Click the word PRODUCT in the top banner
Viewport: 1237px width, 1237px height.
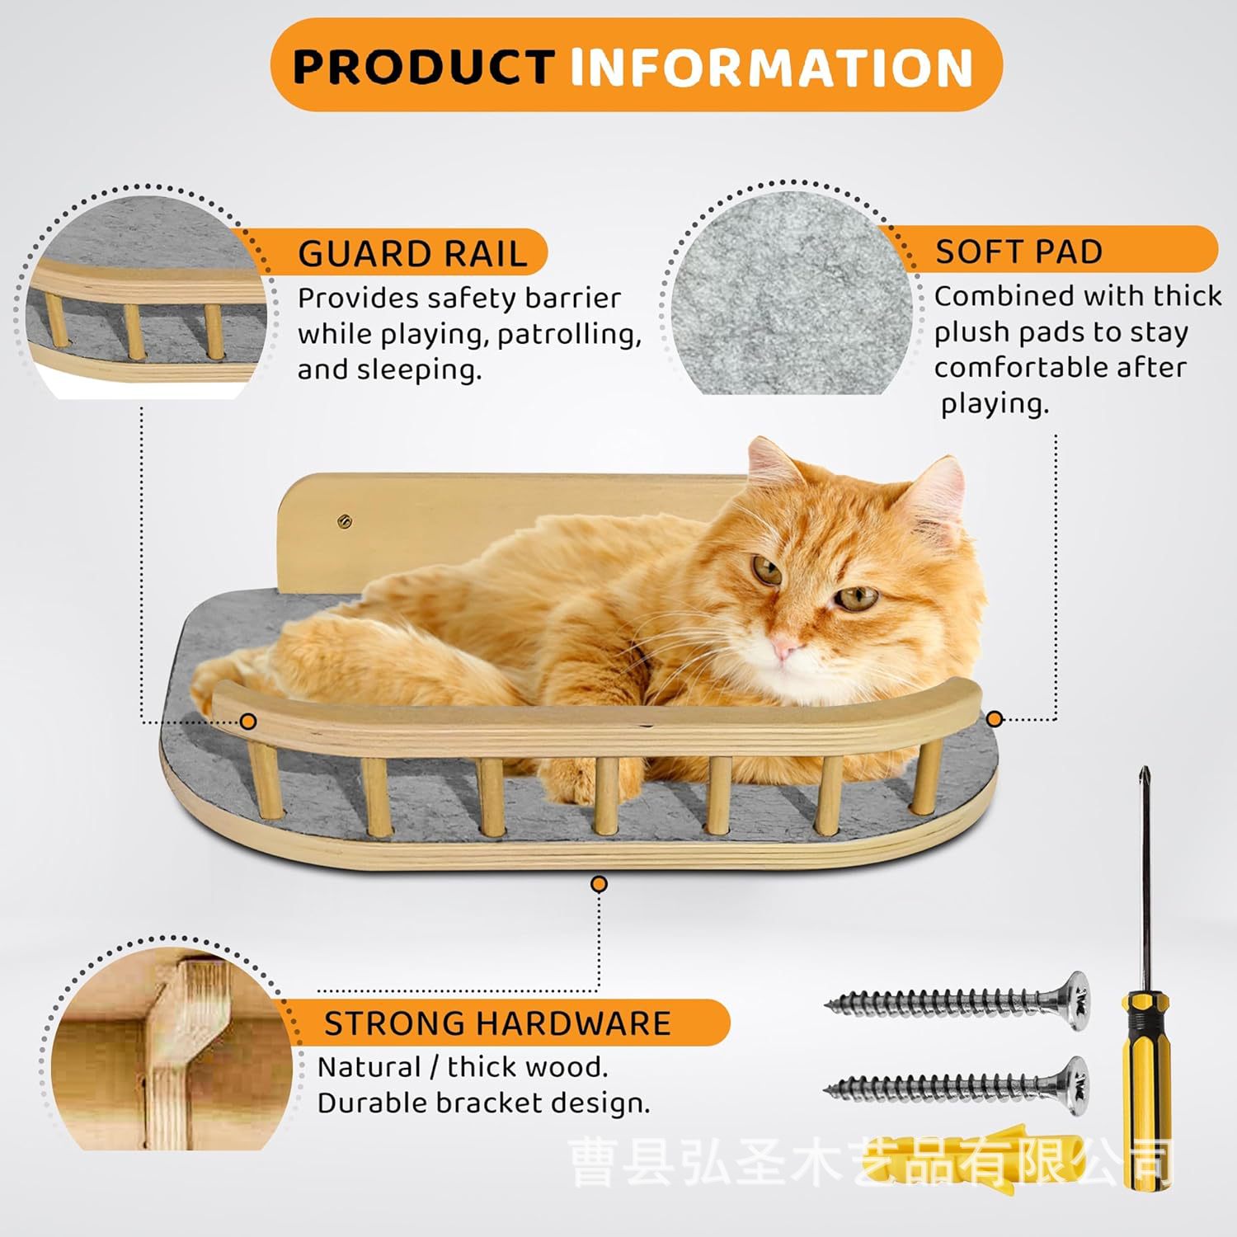click(x=423, y=67)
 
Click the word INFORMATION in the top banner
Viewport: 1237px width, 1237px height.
click(x=771, y=67)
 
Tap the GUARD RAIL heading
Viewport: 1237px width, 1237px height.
click(x=412, y=254)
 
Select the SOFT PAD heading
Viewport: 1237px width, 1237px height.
click(x=1018, y=252)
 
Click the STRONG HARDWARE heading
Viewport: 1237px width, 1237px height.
click(x=497, y=1023)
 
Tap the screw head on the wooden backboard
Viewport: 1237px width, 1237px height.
click(x=344, y=520)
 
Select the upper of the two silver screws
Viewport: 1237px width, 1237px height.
click(x=957, y=1002)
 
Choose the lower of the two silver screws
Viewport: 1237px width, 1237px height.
click(x=957, y=1088)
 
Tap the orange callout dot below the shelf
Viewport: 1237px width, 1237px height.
click(x=600, y=885)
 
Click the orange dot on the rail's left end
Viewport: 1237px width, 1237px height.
click(x=248, y=722)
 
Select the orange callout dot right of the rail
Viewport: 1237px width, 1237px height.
click(x=995, y=719)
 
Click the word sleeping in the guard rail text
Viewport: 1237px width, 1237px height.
click(x=419, y=370)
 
